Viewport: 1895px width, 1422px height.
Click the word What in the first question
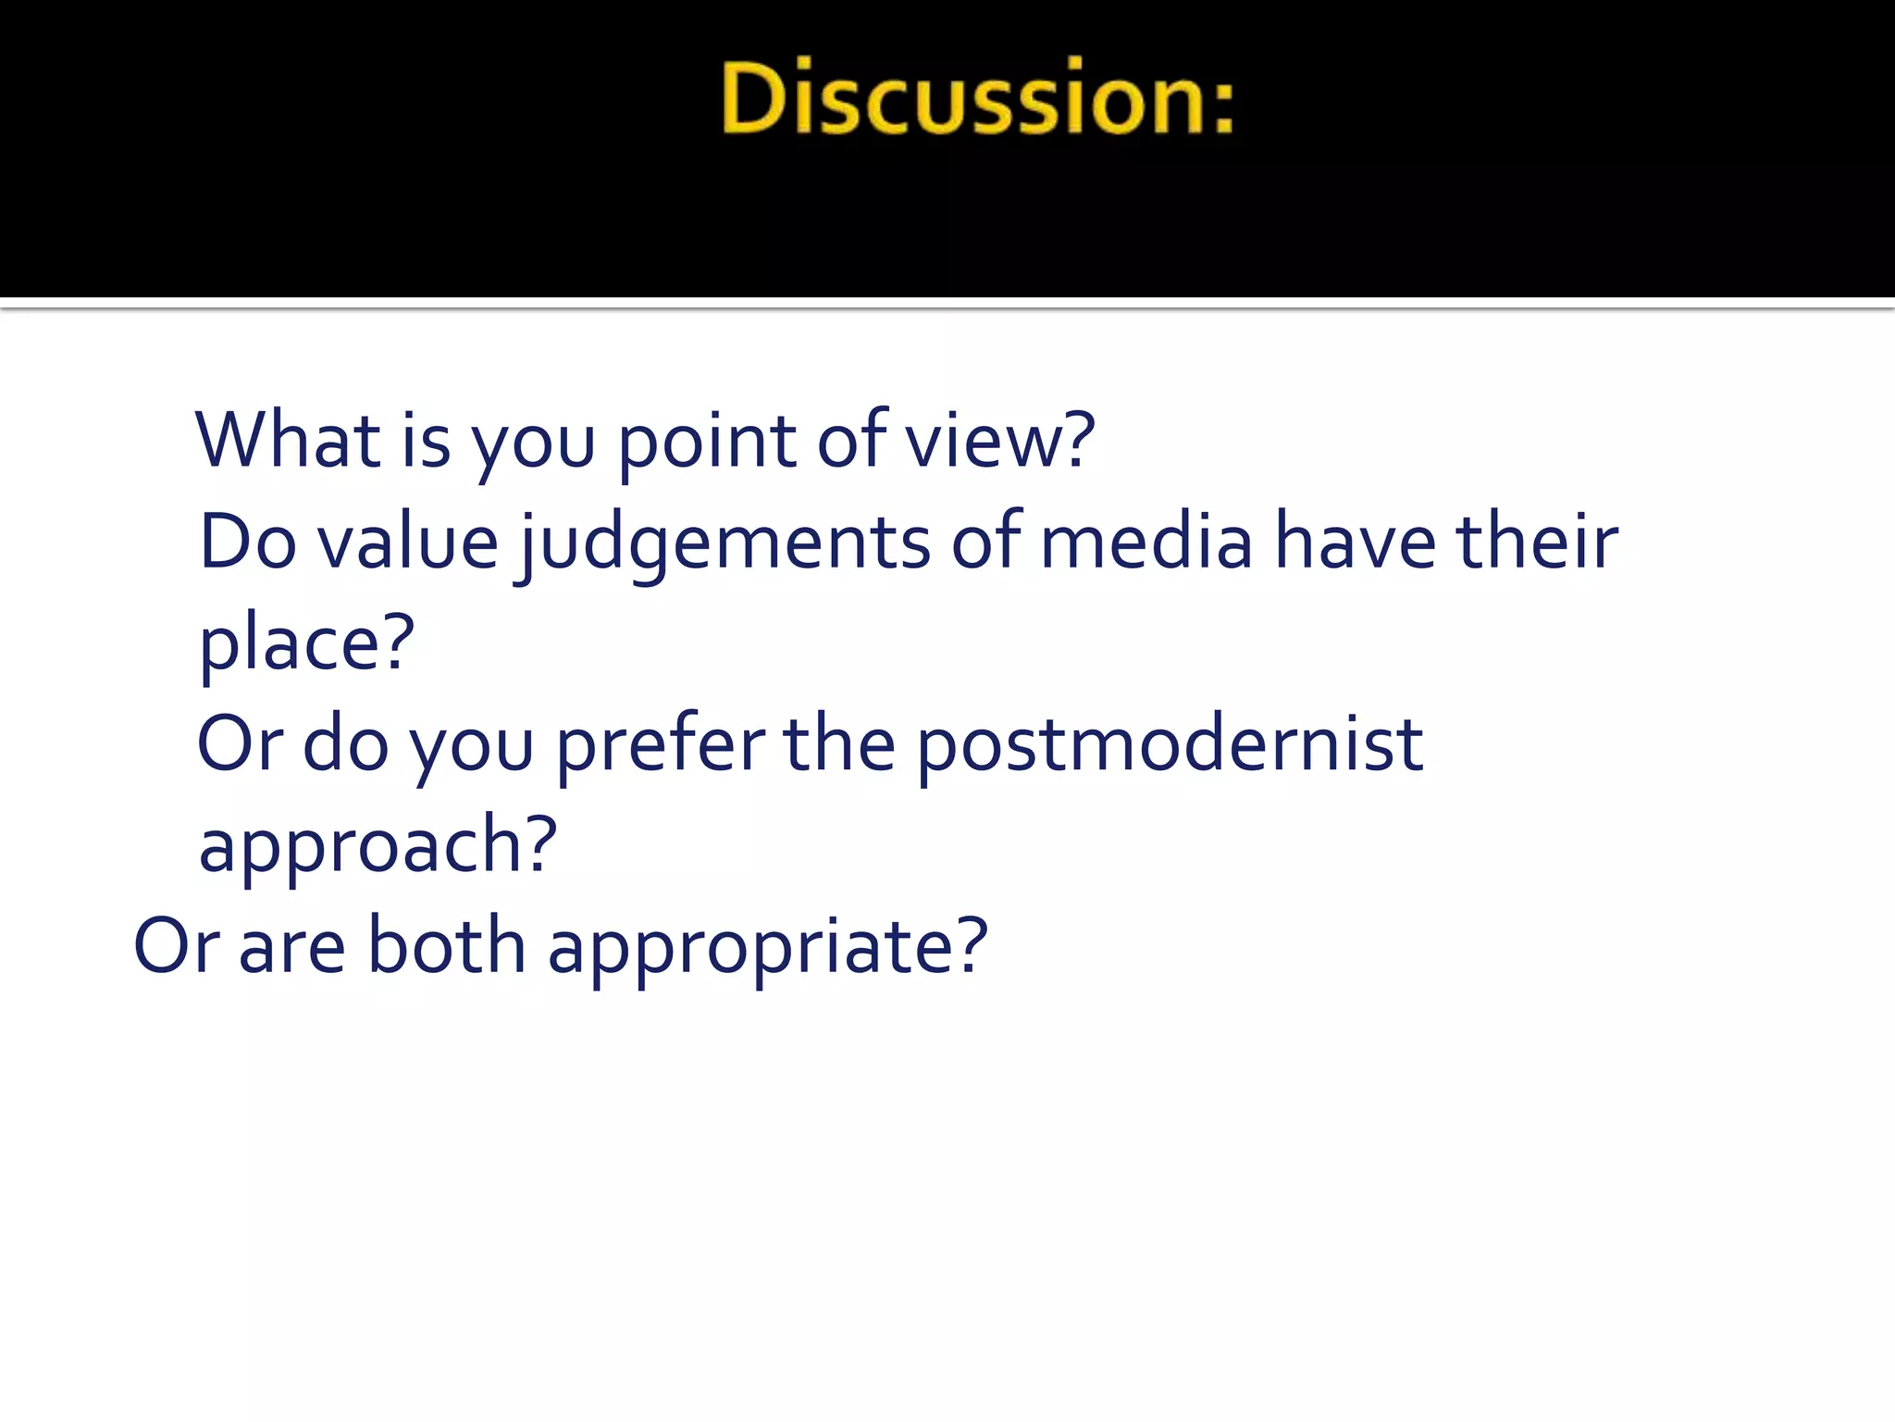[x=288, y=440]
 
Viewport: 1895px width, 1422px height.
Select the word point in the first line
[x=706, y=443]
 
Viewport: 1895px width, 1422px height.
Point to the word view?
[x=999, y=442]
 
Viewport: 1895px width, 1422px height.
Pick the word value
[x=408, y=543]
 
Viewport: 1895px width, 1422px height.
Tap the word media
[x=1146, y=543]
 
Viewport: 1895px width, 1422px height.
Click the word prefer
[x=660, y=745]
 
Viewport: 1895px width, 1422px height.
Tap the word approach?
[x=378, y=847]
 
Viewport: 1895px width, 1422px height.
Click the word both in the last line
[x=446, y=947]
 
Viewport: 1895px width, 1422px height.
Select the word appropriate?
[x=767, y=949]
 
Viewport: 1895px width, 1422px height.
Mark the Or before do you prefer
[x=240, y=744]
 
